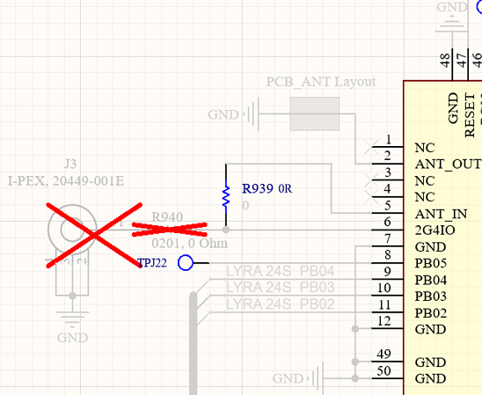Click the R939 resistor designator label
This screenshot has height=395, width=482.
[258, 188]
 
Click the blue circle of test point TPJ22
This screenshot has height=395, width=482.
[185, 262]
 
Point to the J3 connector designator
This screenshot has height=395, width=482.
[71, 165]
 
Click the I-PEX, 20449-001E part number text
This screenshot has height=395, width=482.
[66, 180]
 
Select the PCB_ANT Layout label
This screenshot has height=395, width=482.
[320, 82]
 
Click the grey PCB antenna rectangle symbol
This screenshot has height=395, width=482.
[315, 113]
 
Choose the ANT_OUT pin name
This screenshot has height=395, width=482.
[447, 164]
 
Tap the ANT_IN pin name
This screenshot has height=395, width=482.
[441, 214]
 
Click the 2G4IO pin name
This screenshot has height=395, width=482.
[435, 230]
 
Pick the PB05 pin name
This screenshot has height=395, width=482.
[431, 263]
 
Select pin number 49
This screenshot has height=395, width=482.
[383, 354]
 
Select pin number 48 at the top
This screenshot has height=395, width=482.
[444, 61]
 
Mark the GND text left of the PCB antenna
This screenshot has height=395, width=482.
[223, 114]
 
